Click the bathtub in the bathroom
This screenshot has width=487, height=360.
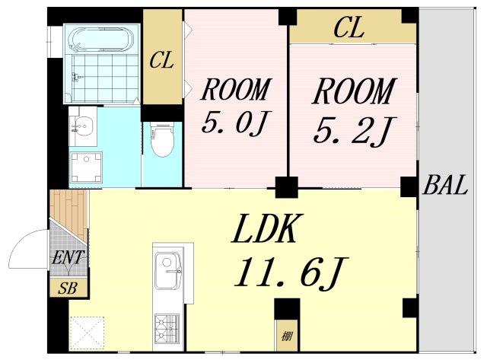(x=101, y=40)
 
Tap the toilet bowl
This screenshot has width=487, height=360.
(x=162, y=139)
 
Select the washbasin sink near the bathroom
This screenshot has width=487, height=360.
(x=82, y=126)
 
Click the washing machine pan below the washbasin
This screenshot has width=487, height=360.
(x=86, y=167)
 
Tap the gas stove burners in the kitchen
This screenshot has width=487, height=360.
(x=167, y=329)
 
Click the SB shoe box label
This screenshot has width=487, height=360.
(x=68, y=288)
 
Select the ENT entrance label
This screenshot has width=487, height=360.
(x=68, y=257)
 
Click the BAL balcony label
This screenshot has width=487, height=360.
(x=445, y=185)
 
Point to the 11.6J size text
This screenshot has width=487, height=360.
(x=291, y=272)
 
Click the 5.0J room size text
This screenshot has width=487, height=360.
(x=236, y=122)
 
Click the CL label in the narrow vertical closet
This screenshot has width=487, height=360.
(x=161, y=60)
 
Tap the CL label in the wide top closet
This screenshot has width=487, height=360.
(x=349, y=27)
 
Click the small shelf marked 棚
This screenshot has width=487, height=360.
(x=287, y=335)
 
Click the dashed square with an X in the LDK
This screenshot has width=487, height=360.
(x=87, y=333)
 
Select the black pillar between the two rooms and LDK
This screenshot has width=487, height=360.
(x=286, y=187)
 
